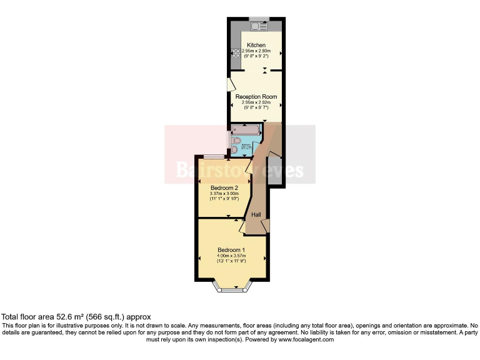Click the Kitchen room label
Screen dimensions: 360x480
pos(256,45)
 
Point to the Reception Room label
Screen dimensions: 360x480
pos(256,97)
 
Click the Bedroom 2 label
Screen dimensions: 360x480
pos(224,188)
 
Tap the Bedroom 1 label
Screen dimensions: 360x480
pos(231,249)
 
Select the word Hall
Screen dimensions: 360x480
pos(256,215)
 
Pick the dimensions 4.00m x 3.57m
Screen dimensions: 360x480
pos(231,256)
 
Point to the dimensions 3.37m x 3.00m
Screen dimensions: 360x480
pos(224,194)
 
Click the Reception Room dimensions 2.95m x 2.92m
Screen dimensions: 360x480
pos(256,102)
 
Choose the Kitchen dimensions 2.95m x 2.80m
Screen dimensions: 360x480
pos(256,51)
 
